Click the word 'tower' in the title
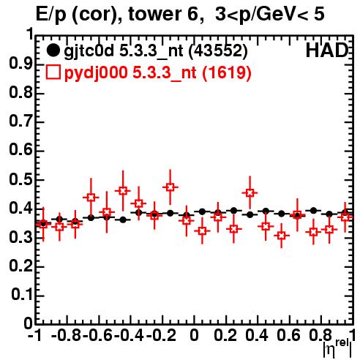(x=154, y=14)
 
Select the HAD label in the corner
(x=327, y=50)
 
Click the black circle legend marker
(x=53, y=50)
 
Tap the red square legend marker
(x=53, y=72)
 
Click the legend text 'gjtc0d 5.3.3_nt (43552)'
(x=156, y=51)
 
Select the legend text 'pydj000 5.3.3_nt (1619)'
(x=157, y=73)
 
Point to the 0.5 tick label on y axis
(x=20, y=180)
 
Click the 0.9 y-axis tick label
(x=20, y=64)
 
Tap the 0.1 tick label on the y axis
(x=22, y=295)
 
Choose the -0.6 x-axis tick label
(x=97, y=335)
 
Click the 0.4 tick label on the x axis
(x=257, y=335)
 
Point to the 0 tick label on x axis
(x=194, y=335)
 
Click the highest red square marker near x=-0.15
(x=170, y=187)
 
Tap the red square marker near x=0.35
(x=250, y=193)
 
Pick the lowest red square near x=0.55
(x=282, y=236)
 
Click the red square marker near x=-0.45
(x=123, y=191)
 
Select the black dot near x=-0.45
(x=123, y=220)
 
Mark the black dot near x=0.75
(x=313, y=210)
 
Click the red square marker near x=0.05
(x=202, y=230)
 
